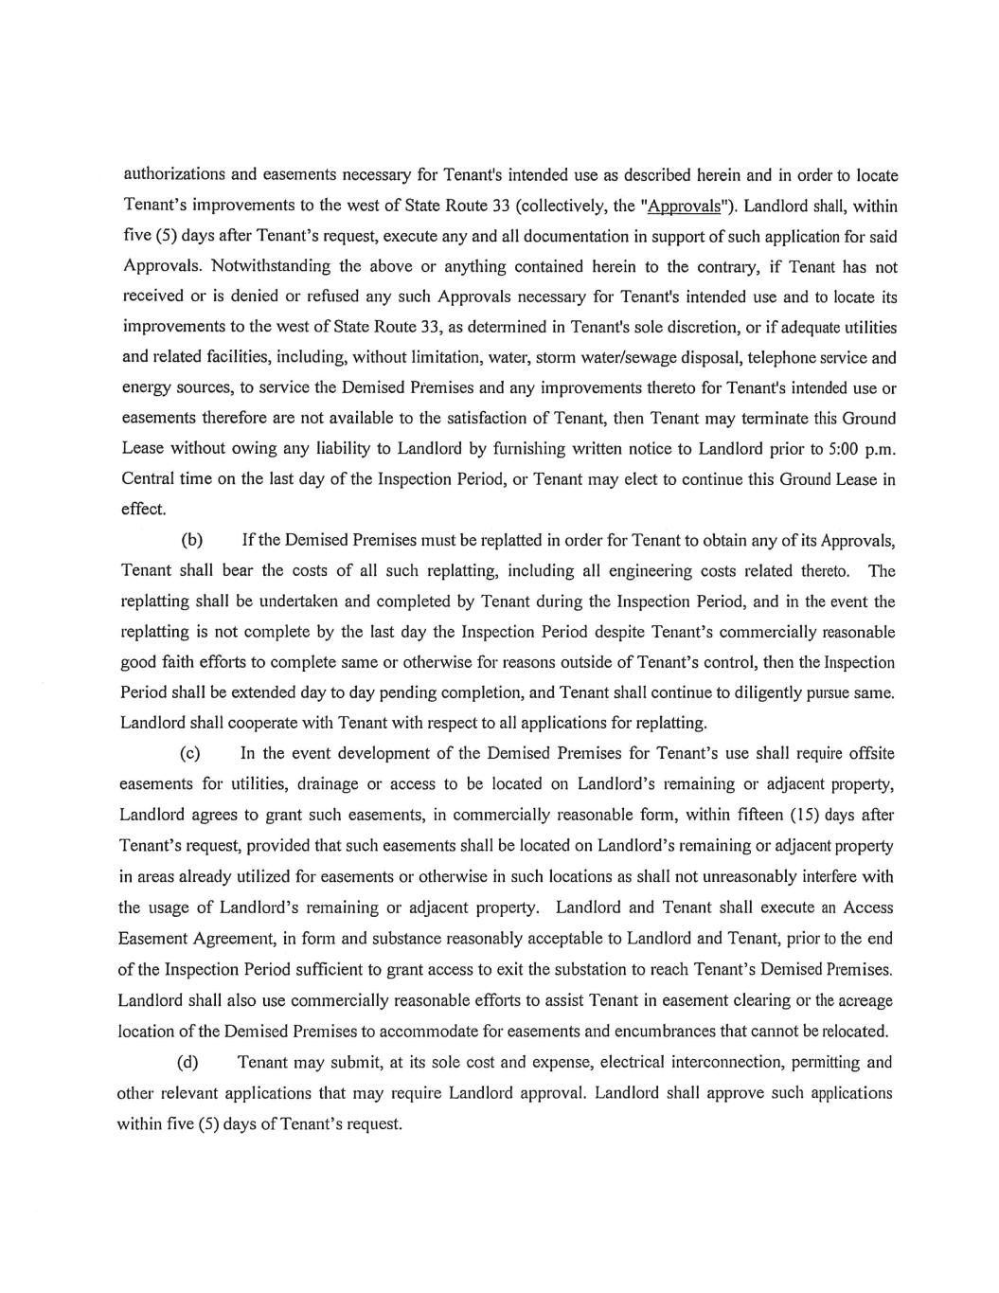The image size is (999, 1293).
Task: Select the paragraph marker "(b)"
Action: click(x=192, y=540)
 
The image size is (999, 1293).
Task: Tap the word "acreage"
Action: click(x=864, y=1000)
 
